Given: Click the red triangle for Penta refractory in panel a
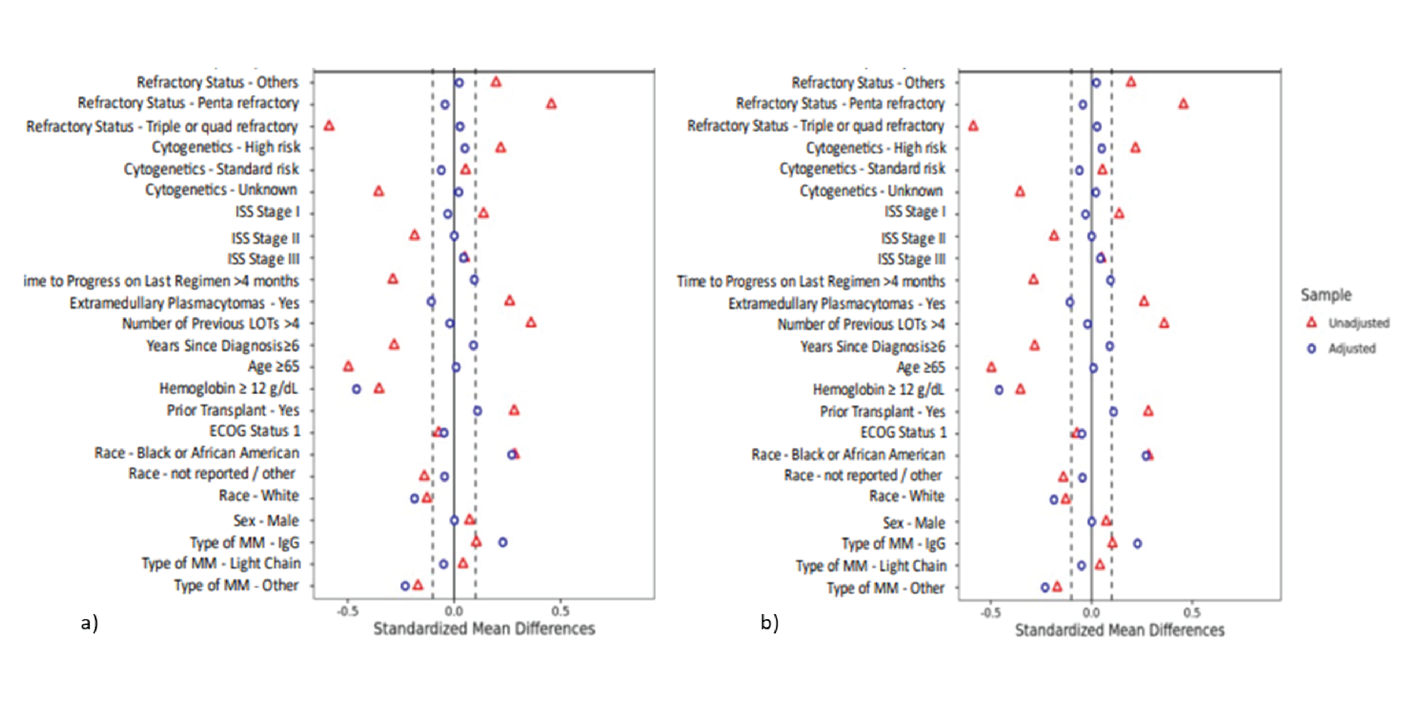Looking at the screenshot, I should [551, 103].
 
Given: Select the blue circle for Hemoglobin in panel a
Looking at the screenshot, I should [357, 389].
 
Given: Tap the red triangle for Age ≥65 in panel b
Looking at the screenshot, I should [991, 367].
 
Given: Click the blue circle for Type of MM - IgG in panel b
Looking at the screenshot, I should [1137, 544].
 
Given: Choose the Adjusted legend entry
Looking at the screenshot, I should [1351, 348].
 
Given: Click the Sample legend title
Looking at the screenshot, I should [1326, 295].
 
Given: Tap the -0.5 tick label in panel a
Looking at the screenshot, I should [348, 611].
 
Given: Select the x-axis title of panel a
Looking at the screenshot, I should [484, 629].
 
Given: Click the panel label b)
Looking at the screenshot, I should [769, 622].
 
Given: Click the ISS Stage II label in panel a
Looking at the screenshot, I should [265, 238].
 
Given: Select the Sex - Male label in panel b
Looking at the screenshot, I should [914, 522].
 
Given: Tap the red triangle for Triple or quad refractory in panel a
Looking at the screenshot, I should [329, 126].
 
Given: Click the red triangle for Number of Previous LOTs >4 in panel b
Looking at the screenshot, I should [1164, 323].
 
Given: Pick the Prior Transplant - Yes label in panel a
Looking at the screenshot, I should [233, 410].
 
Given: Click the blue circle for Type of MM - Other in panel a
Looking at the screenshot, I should [405, 586].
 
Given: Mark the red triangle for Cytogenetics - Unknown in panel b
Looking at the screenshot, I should [1019, 191].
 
